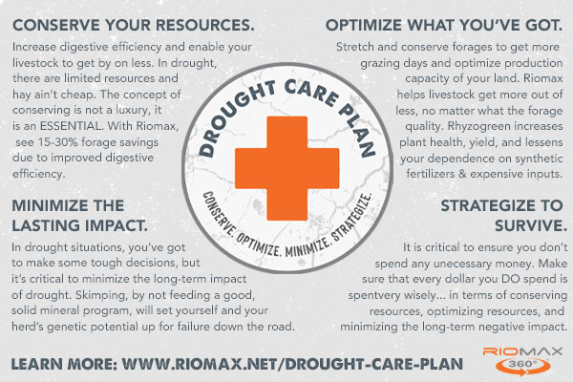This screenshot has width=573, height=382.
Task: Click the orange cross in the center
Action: (286, 168)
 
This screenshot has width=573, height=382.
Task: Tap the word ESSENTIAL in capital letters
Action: (72, 126)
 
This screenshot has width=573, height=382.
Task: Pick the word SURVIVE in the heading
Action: (531, 225)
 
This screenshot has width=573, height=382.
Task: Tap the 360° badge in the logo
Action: (523, 365)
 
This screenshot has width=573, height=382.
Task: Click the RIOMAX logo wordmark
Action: (522, 351)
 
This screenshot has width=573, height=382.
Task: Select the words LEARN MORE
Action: (64, 364)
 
